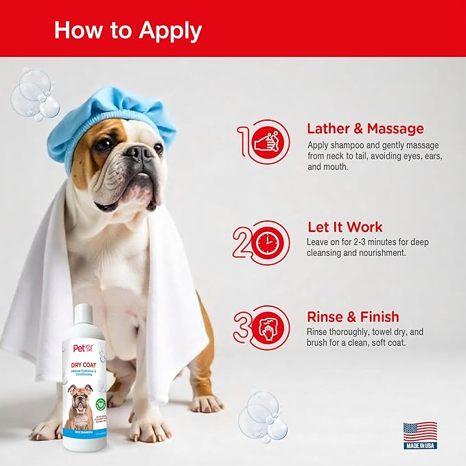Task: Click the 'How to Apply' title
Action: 128,30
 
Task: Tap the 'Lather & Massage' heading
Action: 365,128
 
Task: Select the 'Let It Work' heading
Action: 345,226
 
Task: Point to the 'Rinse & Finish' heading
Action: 353,316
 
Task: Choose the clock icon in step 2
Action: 266,242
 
